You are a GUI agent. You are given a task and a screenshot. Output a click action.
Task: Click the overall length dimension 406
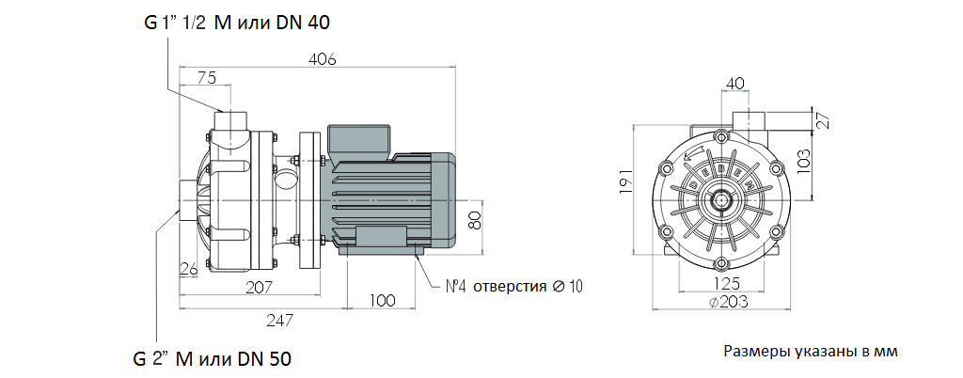tap(321, 59)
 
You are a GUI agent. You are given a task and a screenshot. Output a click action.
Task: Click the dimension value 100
tap(381, 301)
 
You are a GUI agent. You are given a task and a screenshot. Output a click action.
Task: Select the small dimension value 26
tap(188, 270)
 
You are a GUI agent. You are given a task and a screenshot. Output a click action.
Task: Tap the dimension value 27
tap(821, 120)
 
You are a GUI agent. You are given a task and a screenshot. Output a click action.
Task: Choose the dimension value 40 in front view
tap(735, 83)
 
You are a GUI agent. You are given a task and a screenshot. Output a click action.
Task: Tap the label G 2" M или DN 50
tap(211, 358)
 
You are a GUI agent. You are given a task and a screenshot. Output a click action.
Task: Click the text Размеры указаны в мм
tap(811, 352)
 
